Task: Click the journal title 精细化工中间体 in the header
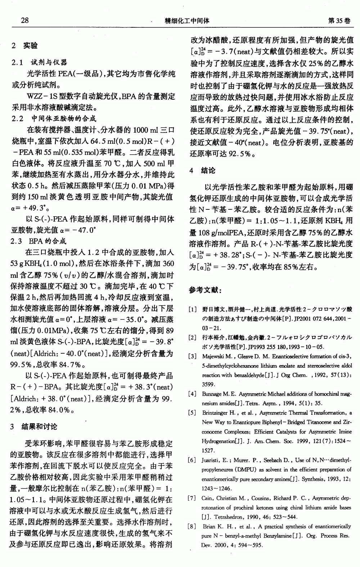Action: coord(187,21)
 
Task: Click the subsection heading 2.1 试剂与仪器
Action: coord(40,63)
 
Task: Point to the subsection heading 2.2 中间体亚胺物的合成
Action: coord(54,118)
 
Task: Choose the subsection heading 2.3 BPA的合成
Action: coord(39,241)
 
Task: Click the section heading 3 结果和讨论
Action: coord(34,427)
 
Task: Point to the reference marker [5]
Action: coord(193,413)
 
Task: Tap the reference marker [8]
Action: coord(193,526)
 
